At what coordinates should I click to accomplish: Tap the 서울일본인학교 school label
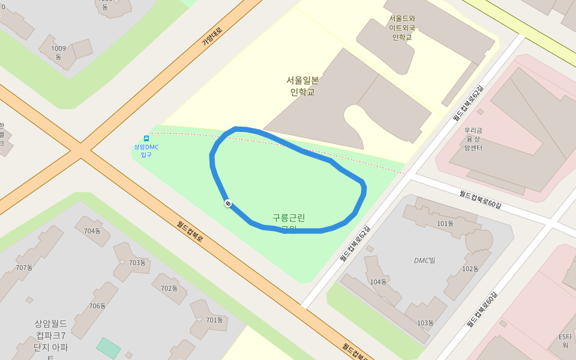pyautogui.click(x=302, y=86)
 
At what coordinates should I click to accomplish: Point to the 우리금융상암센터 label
pyautogui.click(x=473, y=139)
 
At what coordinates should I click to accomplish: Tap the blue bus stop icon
pyautogui.click(x=146, y=139)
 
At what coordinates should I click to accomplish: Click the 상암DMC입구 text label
pyautogui.click(x=146, y=151)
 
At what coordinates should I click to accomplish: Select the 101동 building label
pyautogui.click(x=445, y=224)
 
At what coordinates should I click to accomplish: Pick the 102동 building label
pyautogui.click(x=470, y=268)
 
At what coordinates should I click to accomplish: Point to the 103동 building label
pyautogui.click(x=425, y=323)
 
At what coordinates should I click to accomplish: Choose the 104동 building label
pyautogui.click(x=379, y=282)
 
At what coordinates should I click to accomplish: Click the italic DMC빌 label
pyautogui.click(x=424, y=260)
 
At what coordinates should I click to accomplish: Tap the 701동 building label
pyautogui.click(x=214, y=320)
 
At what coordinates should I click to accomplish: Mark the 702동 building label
pyautogui.click(x=169, y=288)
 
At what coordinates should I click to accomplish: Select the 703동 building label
pyautogui.click(x=137, y=263)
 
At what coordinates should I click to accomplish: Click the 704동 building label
pyautogui.click(x=92, y=230)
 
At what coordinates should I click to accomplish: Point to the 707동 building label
pyautogui.click(x=24, y=268)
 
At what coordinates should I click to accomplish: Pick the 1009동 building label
pyautogui.click(x=59, y=52)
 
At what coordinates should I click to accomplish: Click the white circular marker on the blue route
pyautogui.click(x=228, y=203)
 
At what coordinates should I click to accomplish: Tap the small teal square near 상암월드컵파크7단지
pyautogui.click(x=109, y=348)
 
